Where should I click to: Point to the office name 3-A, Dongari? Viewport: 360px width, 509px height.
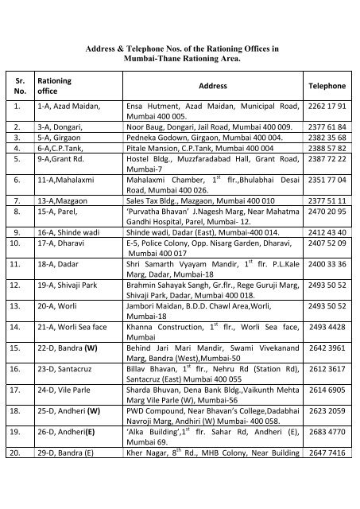pos(60,126)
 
